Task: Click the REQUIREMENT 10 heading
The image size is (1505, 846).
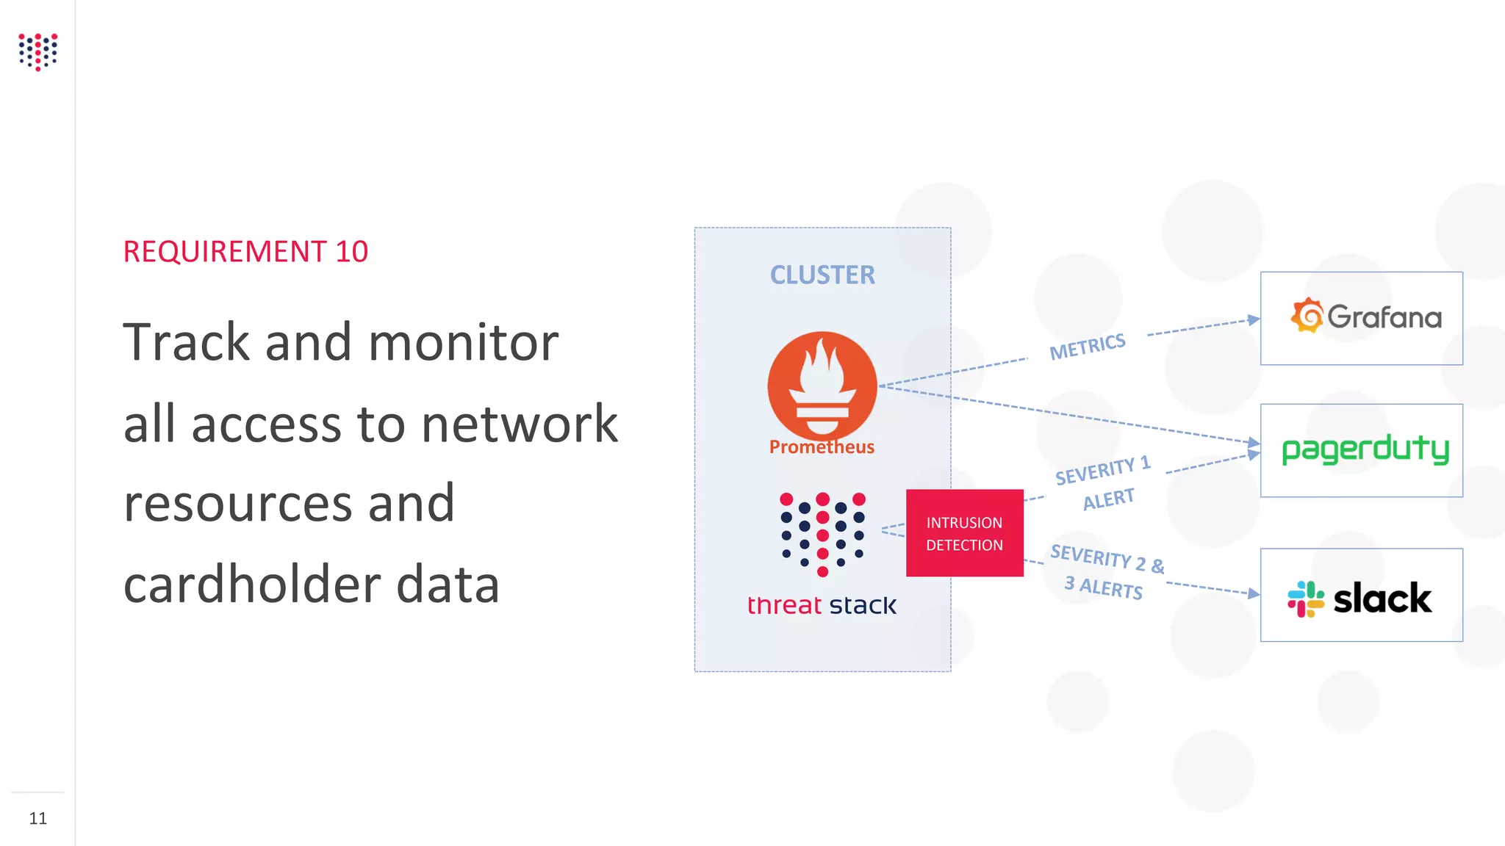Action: (245, 252)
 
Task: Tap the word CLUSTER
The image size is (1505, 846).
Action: (822, 275)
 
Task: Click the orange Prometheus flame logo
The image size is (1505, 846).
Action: (822, 384)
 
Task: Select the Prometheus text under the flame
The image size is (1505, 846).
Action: (822, 446)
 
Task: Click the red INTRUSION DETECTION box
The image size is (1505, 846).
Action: (964, 533)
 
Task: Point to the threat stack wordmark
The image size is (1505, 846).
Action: (822, 605)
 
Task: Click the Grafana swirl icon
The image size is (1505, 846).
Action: (1307, 316)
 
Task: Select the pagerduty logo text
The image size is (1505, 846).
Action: (1365, 449)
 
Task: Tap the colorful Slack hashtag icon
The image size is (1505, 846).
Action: (1306, 599)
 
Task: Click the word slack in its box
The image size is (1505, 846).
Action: (1382, 598)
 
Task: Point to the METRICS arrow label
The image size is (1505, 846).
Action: (1088, 346)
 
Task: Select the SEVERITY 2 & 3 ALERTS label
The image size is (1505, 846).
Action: (1106, 572)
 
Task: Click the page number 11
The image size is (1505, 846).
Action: (38, 818)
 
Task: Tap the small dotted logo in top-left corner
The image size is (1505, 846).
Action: (38, 51)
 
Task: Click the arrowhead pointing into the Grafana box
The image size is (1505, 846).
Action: (1254, 319)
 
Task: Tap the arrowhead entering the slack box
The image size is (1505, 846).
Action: (1254, 593)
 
